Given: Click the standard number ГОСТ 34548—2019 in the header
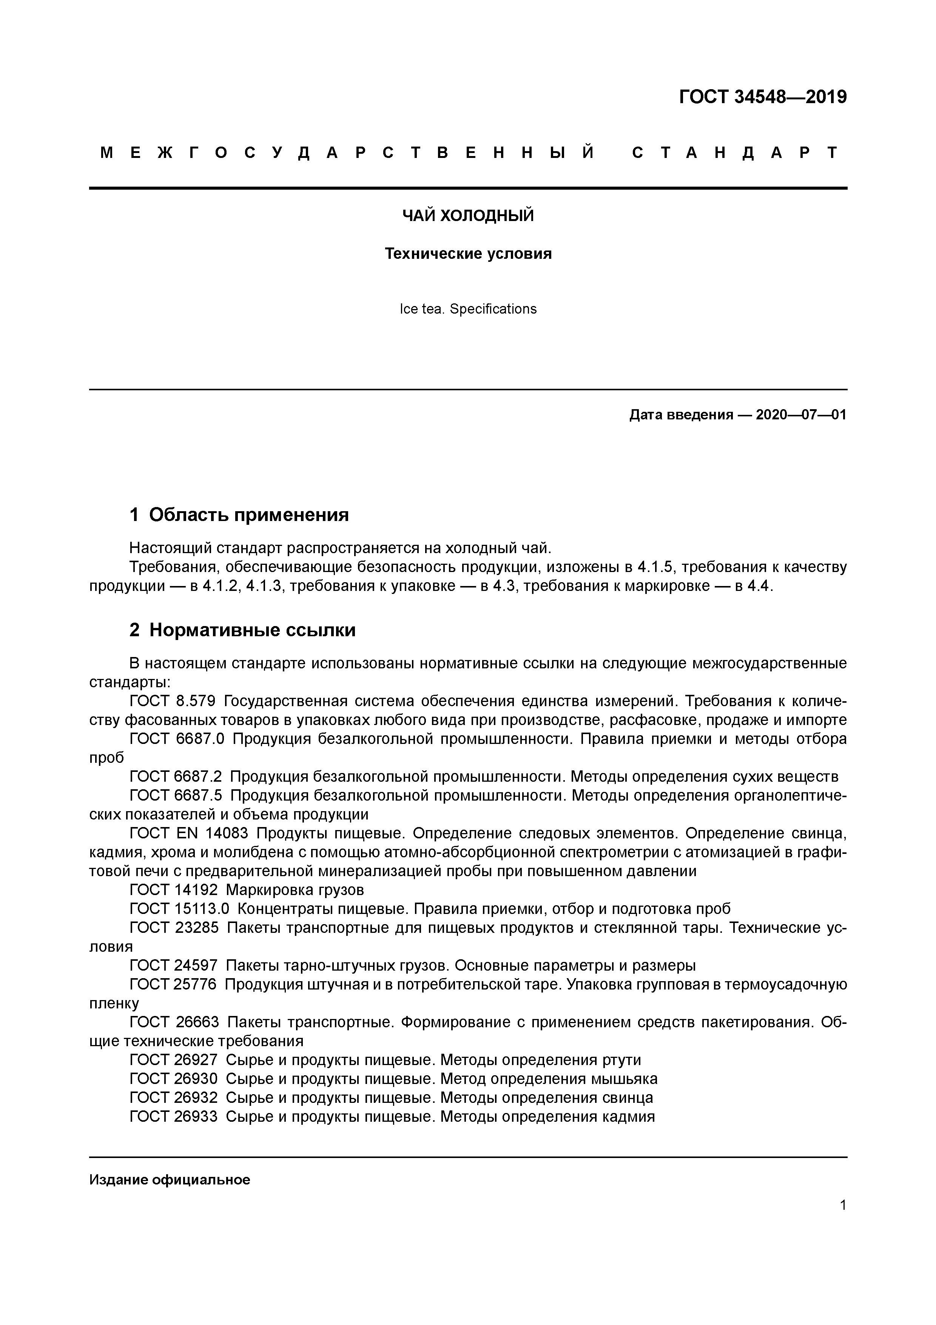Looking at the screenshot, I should coord(762,97).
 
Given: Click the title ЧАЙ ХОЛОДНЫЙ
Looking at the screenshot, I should coord(468,216).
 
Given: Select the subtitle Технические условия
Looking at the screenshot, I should coord(468,254).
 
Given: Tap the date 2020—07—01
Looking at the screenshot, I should coord(800,415).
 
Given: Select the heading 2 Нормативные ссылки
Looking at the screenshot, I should coord(242,630).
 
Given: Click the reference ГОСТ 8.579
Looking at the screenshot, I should coord(173,701).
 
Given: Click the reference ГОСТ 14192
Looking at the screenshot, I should coord(174,890).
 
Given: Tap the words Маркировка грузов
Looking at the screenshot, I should coord(295,890).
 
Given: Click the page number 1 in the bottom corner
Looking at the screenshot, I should coord(843,1205).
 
